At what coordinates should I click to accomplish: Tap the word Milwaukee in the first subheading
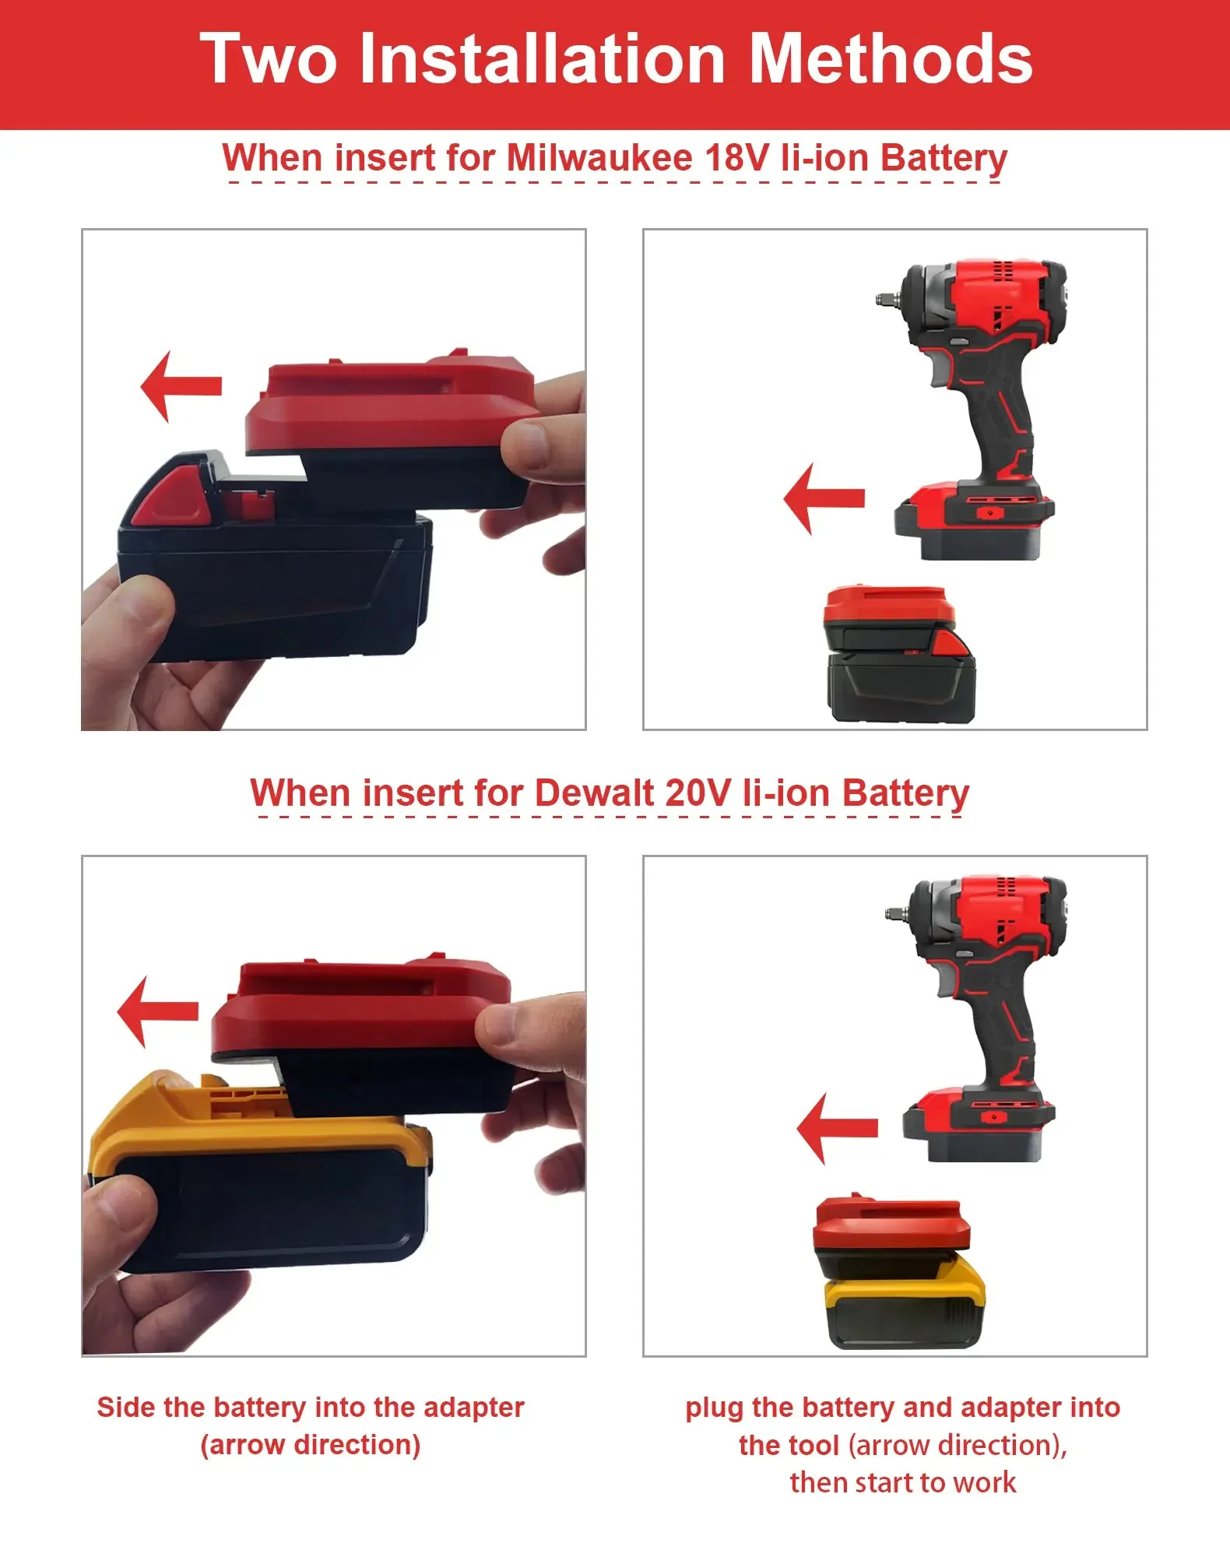tap(599, 158)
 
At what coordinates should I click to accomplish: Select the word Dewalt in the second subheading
tap(594, 793)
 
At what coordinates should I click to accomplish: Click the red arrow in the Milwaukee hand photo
tap(181, 386)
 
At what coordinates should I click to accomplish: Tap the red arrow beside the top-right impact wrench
tap(824, 498)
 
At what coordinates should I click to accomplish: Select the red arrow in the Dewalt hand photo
tap(157, 1011)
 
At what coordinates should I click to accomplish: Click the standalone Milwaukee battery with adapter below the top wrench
tap(899, 654)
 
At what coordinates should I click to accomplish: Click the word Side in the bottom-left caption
tap(126, 1408)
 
